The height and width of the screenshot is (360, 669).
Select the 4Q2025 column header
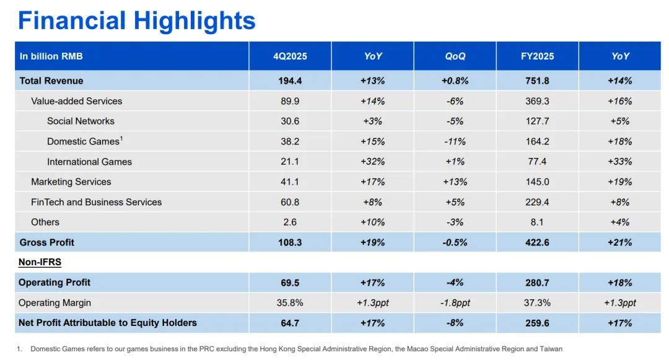[290, 56]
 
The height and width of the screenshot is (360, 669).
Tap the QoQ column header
[455, 56]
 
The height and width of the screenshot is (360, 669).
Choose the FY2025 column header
[537, 56]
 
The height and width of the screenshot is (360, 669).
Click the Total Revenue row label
[51, 81]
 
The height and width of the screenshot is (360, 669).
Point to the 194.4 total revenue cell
[290, 81]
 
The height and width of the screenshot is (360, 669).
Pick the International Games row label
[89, 162]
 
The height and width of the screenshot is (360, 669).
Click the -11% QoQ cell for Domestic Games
[455, 141]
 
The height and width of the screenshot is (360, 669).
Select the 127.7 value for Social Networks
[537, 121]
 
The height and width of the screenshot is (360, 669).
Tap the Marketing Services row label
[71, 182]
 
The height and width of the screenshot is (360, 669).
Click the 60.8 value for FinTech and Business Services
[290, 202]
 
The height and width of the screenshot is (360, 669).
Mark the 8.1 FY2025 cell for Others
[537, 222]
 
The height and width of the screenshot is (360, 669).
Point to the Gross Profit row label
[47, 242]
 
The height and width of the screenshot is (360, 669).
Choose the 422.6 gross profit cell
[537, 242]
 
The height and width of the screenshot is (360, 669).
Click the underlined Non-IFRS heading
[40, 262]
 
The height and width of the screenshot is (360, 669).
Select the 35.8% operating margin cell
[290, 303]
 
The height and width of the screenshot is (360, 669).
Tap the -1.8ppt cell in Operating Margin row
[455, 303]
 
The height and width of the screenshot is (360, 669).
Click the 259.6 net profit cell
[537, 323]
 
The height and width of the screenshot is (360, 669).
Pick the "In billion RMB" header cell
[51, 56]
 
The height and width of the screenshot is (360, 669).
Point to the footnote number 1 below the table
[19, 349]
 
